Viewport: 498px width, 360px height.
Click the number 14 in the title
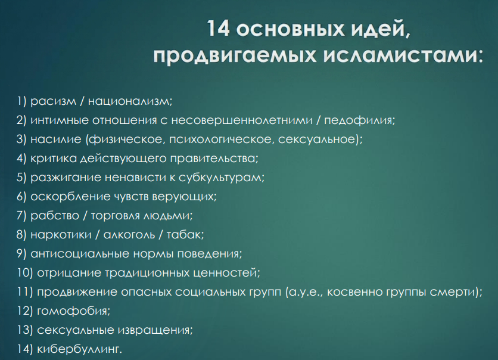click(218, 28)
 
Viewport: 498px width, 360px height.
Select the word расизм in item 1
click(54, 102)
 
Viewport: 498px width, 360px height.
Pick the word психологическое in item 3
click(220, 139)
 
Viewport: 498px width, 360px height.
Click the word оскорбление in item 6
click(70, 197)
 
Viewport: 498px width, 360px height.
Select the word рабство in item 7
click(55, 216)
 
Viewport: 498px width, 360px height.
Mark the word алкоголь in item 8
click(129, 235)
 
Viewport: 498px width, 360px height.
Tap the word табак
click(183, 235)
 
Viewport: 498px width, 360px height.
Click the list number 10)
click(25, 273)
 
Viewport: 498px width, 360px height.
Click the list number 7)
click(21, 216)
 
